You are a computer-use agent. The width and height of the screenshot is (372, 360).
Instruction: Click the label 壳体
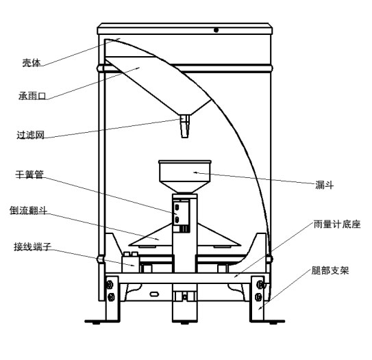click(32, 62)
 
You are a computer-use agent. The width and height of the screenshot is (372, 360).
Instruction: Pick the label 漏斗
click(325, 184)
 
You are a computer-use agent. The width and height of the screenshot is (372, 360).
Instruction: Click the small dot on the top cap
click(216, 30)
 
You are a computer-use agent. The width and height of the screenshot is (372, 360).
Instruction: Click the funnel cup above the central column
click(186, 175)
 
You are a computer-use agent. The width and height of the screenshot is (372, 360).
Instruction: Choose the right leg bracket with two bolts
click(260, 290)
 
